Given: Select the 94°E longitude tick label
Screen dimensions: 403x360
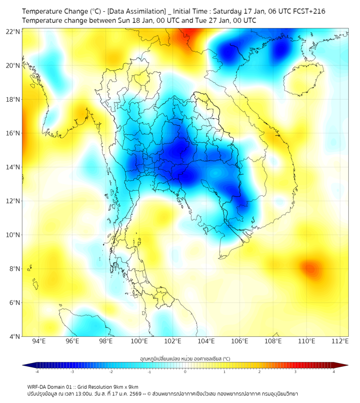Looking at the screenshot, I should tap(39, 342).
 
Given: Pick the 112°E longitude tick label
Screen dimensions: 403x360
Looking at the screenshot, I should tap(340, 342).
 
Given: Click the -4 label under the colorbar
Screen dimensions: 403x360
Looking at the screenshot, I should tap(37, 372).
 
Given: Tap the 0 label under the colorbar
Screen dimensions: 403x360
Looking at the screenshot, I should tap(185, 372).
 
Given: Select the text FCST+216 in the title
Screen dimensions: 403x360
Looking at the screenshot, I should tap(310, 11).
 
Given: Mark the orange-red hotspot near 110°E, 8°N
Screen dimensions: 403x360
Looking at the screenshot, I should tap(308, 268).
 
